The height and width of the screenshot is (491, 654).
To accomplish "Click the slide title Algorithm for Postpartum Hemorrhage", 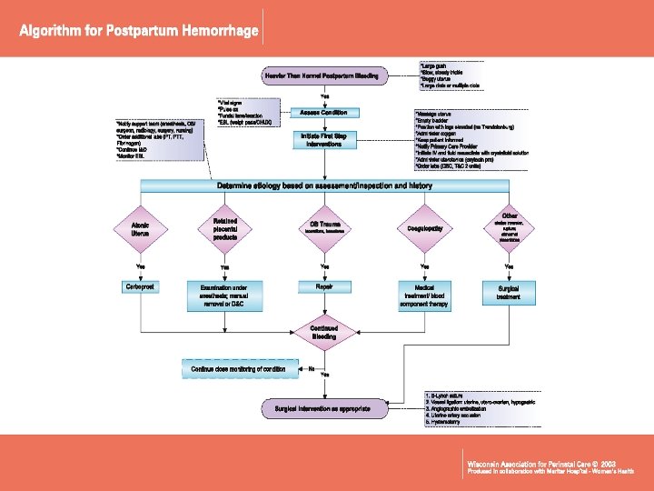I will [x=140, y=31].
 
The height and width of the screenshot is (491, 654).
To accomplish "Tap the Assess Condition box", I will [x=324, y=112].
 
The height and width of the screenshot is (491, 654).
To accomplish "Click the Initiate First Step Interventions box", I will [x=324, y=139].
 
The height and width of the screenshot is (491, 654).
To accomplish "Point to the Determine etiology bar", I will [x=324, y=185].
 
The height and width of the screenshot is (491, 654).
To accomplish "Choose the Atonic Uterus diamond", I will [x=141, y=227].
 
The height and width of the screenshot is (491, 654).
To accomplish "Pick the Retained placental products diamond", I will [x=224, y=227].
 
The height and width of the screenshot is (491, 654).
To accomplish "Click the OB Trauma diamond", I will [x=324, y=227].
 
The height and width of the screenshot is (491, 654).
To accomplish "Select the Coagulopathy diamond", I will [x=424, y=227].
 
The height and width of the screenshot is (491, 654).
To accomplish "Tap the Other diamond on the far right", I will [x=509, y=227].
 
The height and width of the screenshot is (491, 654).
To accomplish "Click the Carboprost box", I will [x=141, y=286].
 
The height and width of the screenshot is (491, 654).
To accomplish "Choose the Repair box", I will [x=324, y=286].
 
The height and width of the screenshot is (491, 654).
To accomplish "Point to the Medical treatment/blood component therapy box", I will [x=424, y=295].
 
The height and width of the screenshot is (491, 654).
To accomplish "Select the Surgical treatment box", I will [x=509, y=292].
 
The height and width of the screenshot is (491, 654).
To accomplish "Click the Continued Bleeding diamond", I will [x=324, y=332].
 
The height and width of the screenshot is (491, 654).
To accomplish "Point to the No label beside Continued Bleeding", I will [x=311, y=368].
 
